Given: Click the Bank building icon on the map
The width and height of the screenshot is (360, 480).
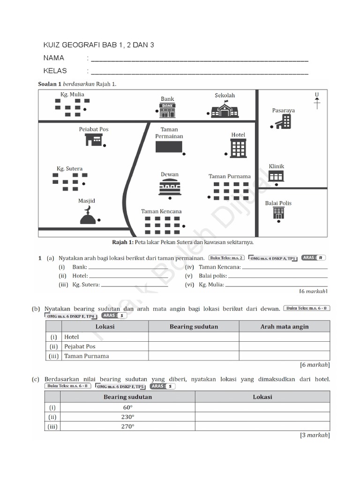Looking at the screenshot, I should point(167,110).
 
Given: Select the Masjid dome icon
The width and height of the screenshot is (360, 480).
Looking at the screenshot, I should point(88,216).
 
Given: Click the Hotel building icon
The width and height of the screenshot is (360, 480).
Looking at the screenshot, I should point(238,148).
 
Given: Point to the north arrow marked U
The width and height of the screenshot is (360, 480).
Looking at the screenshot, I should point(317,101).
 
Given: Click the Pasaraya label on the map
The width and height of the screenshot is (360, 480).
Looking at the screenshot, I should point(283,111).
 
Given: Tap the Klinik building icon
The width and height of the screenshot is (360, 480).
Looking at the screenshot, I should point(276,176).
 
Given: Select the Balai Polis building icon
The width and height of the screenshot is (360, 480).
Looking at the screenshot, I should point(278,213).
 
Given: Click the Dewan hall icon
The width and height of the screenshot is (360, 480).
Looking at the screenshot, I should point(170,187).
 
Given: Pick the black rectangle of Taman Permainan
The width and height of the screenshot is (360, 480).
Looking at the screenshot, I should point(169,147).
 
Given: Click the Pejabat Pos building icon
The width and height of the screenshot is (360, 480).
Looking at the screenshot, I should point(94,139).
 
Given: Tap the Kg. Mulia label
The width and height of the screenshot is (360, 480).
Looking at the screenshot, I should point(72,94).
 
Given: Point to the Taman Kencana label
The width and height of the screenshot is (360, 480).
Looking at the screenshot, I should point(161,211).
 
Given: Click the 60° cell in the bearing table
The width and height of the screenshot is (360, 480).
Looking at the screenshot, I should point(127,407).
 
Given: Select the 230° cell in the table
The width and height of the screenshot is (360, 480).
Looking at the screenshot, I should point(127,417).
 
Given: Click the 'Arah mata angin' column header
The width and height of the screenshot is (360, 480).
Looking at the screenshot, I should point(284,327).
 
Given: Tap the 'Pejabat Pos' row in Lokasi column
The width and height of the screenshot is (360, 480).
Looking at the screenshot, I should point(79,346).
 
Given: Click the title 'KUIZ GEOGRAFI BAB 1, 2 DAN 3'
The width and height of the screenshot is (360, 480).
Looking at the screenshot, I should point(98,45).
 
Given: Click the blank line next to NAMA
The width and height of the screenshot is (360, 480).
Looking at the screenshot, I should point(199,59).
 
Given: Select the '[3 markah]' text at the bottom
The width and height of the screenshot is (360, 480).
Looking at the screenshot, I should point(315,435).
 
